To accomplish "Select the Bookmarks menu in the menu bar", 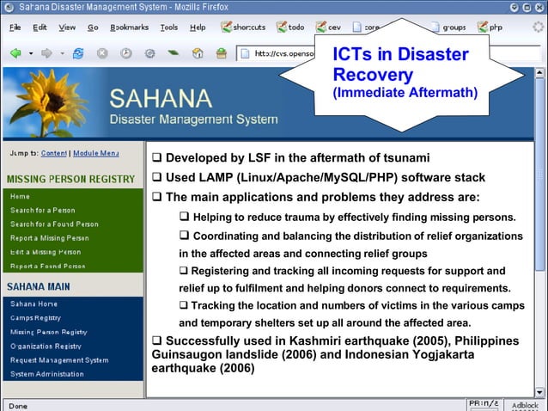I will point(129,28).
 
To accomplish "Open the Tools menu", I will point(169,28).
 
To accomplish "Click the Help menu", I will point(198,28).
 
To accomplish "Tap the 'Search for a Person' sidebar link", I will point(42,211).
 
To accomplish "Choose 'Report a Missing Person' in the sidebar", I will point(49,238).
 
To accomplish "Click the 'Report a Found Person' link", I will point(47,266).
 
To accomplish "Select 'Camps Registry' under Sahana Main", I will point(35,318).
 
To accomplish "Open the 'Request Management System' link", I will point(59,360).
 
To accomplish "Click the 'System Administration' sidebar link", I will point(47,374).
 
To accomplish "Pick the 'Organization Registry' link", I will point(46,347).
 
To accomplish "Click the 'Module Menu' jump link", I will point(96,153).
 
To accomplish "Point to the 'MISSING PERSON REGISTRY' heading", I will point(70,179).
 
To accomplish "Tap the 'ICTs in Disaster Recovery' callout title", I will point(400,64).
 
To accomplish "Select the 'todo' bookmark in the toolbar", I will point(291,28).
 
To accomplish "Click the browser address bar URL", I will point(283,53).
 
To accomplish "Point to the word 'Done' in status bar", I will point(17,405).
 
